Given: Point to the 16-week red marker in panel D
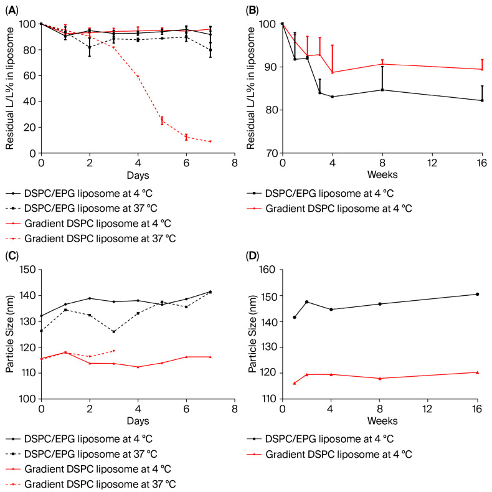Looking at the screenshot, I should tap(477, 372).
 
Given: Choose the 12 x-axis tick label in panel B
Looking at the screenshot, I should tap(428, 163).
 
